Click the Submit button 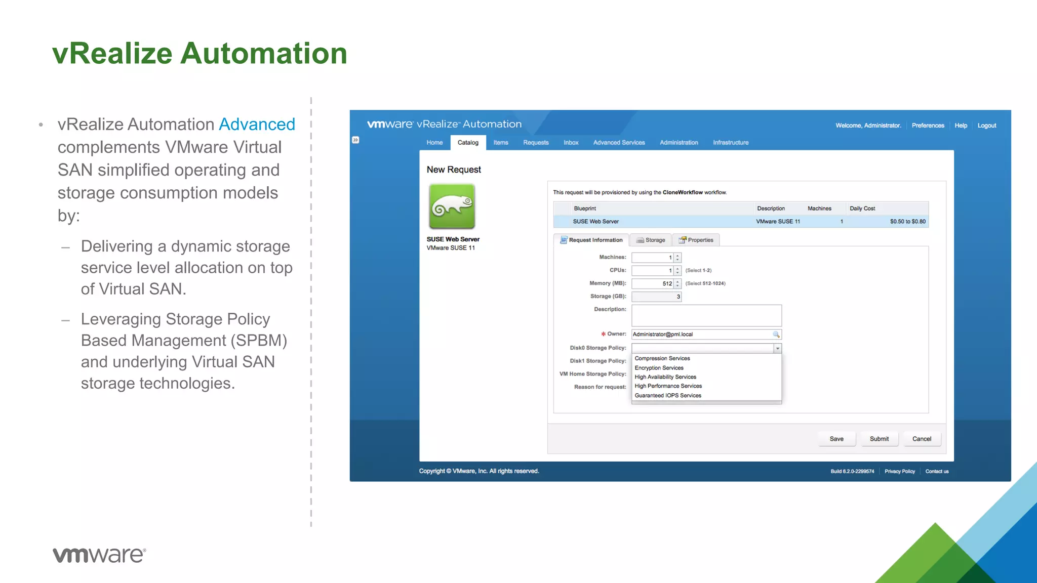(x=879, y=439)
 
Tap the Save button (x=836, y=439)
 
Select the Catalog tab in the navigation (x=468, y=143)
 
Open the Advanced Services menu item (x=619, y=143)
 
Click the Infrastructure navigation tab (x=730, y=143)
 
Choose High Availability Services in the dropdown (x=665, y=377)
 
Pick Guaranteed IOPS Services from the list (x=668, y=396)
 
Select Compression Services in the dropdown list (x=662, y=358)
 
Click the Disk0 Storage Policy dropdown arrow (x=777, y=348)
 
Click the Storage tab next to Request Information (x=651, y=240)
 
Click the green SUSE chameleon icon (x=452, y=206)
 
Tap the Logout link (x=986, y=126)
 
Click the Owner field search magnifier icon (x=776, y=335)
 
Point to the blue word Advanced (x=257, y=124)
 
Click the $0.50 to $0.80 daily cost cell (x=907, y=222)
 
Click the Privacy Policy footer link (x=899, y=471)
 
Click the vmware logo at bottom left (x=99, y=555)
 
